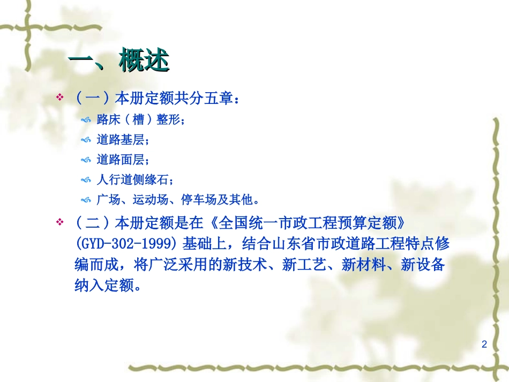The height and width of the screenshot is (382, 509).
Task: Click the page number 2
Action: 484,344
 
